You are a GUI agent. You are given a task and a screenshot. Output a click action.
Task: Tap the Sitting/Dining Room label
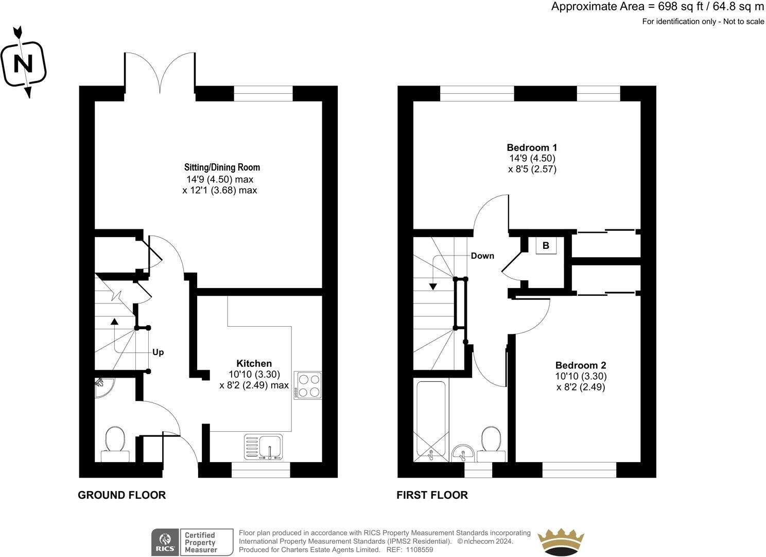click(222, 167)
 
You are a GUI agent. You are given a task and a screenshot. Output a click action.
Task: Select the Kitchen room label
click(254, 363)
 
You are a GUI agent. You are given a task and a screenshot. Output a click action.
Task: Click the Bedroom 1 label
click(532, 147)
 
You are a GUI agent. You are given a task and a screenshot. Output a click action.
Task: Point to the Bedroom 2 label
click(581, 365)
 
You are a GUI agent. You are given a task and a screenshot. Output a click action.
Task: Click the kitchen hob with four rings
click(308, 385)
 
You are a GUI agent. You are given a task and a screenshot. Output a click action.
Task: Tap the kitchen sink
click(264, 447)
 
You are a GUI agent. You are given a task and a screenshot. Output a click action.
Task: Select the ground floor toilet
click(115, 444)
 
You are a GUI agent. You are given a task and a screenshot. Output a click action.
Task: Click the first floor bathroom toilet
click(491, 444)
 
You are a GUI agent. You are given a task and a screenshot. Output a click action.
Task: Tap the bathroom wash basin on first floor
click(463, 453)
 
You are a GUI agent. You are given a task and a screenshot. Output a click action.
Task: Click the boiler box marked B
click(546, 245)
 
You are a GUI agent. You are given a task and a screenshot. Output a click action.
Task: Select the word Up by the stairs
click(158, 352)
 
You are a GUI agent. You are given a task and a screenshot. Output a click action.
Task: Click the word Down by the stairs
click(482, 256)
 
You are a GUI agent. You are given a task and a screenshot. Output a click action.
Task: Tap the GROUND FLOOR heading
click(121, 495)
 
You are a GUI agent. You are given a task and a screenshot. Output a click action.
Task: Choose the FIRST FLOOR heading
click(432, 495)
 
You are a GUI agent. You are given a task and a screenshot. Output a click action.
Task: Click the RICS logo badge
click(165, 542)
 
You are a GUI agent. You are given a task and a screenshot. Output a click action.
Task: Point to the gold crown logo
click(561, 542)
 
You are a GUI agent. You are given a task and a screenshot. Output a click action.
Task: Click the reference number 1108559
click(419, 550)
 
